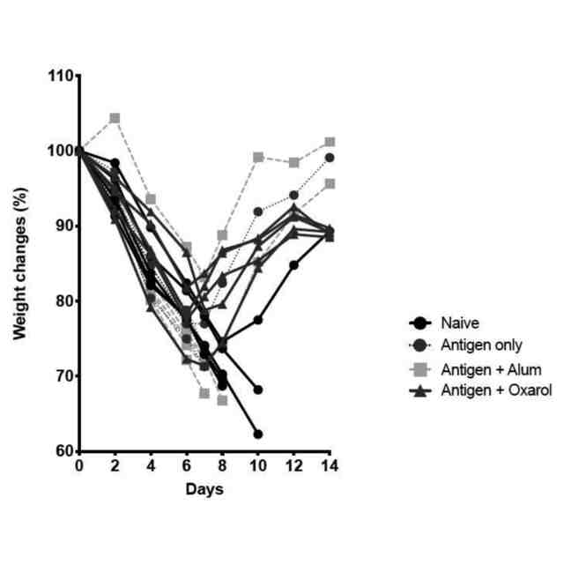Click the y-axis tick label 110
click(x=61, y=76)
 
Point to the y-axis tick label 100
click(x=61, y=151)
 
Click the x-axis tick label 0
click(x=79, y=465)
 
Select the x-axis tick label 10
click(x=258, y=465)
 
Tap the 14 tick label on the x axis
click(x=330, y=465)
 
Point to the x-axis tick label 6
click(x=187, y=465)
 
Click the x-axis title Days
click(x=204, y=487)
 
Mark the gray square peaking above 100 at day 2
click(x=115, y=118)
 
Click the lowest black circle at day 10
click(x=258, y=434)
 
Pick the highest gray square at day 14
click(x=330, y=142)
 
